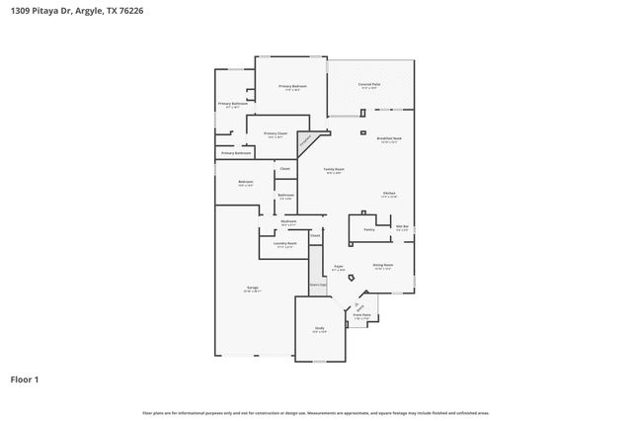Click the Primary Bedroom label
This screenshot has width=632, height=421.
[292, 87]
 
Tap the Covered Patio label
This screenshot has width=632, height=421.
[371, 86]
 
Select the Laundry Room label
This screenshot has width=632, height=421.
[285, 243]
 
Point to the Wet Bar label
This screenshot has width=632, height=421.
[402, 227]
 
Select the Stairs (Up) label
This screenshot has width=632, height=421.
[317, 285]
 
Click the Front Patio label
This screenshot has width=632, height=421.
[361, 316]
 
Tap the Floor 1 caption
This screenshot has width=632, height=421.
[25, 379]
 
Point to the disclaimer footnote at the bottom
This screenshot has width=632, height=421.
[316, 412]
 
